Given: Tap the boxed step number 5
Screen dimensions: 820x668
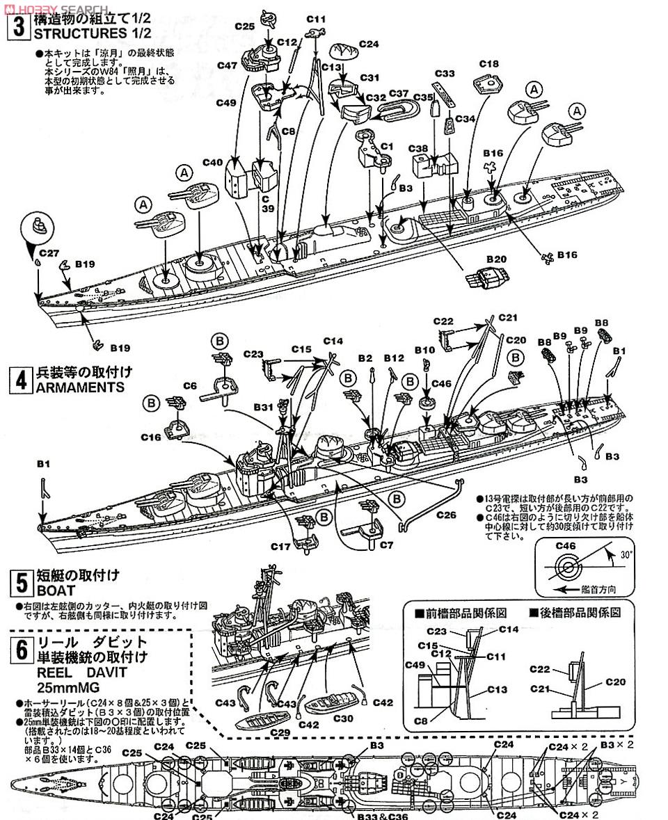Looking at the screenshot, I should coord(19,582).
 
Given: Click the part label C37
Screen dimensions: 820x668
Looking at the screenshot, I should coord(399,93).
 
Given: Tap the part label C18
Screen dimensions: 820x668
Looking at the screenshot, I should coord(489,65).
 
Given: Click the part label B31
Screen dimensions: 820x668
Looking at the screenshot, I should coord(264,406).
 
